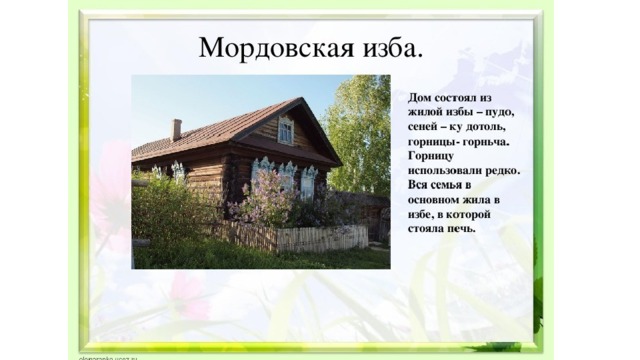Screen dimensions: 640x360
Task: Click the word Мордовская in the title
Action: (x=276, y=49)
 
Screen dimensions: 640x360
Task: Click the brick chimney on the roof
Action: (x=176, y=130)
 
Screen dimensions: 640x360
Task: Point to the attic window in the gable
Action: (x=286, y=130)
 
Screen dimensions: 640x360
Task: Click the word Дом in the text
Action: (x=419, y=98)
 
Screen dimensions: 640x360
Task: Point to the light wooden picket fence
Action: (x=322, y=238)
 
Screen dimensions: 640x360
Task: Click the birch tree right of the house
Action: (x=359, y=135)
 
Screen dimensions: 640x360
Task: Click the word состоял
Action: (x=453, y=98)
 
